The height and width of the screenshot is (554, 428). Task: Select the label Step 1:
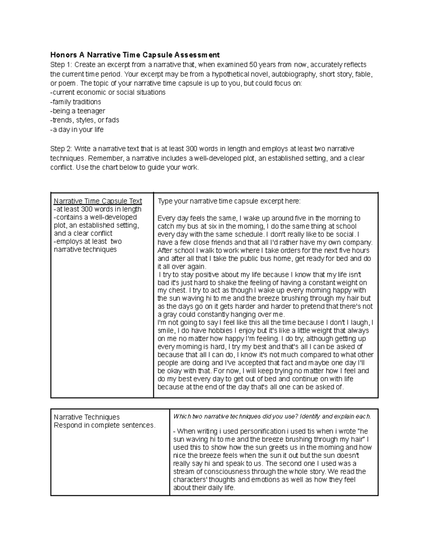click(61, 65)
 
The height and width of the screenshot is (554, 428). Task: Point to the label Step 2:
click(61, 149)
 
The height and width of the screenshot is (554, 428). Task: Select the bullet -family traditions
click(76, 102)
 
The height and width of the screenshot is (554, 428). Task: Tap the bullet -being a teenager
click(78, 111)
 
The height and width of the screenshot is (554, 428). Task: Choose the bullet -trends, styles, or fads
click(85, 120)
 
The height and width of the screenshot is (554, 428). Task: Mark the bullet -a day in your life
click(77, 129)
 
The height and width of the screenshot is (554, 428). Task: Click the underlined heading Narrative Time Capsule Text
click(98, 201)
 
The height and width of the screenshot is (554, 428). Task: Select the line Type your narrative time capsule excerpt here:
click(229, 202)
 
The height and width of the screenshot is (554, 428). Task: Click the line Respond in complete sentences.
click(105, 425)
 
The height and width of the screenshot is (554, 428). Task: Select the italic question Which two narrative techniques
click(272, 416)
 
